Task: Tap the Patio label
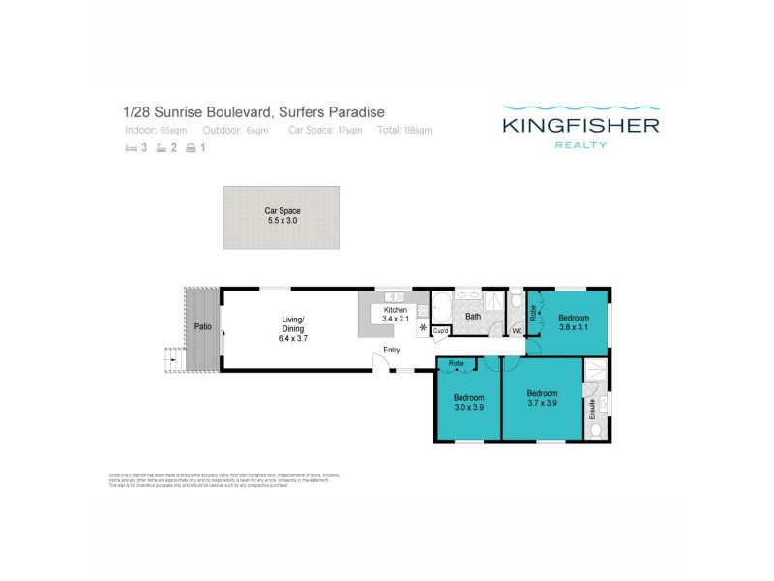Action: click(x=202, y=326)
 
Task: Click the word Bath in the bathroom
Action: click(x=473, y=316)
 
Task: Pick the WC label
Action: click(x=517, y=331)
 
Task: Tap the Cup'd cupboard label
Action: click(x=440, y=331)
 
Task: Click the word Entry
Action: click(x=392, y=350)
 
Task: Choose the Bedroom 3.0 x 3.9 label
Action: click(x=468, y=402)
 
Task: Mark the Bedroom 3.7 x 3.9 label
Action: click(x=542, y=398)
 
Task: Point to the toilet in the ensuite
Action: click(x=597, y=429)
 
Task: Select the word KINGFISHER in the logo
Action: click(x=580, y=125)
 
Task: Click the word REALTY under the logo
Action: click(x=580, y=145)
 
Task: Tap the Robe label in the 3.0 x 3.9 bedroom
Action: click(x=457, y=364)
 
